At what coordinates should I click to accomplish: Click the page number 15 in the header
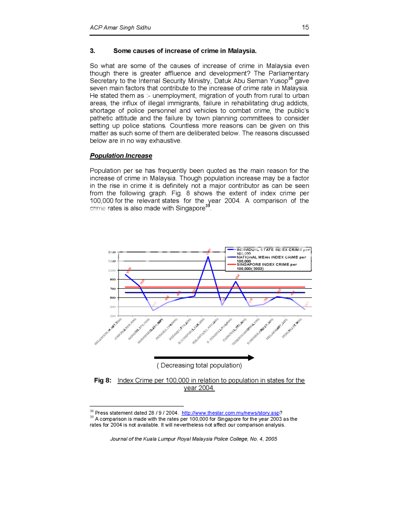tap(305, 27)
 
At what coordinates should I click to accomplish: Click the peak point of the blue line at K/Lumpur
tap(208, 256)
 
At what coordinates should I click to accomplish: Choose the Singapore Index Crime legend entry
tap(267, 266)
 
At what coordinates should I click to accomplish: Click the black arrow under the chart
tap(204, 357)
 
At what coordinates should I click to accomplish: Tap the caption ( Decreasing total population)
tap(199, 365)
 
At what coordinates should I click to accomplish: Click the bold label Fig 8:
tap(103, 380)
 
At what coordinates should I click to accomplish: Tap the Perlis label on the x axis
tap(293, 329)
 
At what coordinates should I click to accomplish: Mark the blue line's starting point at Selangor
tap(125, 275)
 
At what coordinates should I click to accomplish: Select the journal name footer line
tap(193, 439)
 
